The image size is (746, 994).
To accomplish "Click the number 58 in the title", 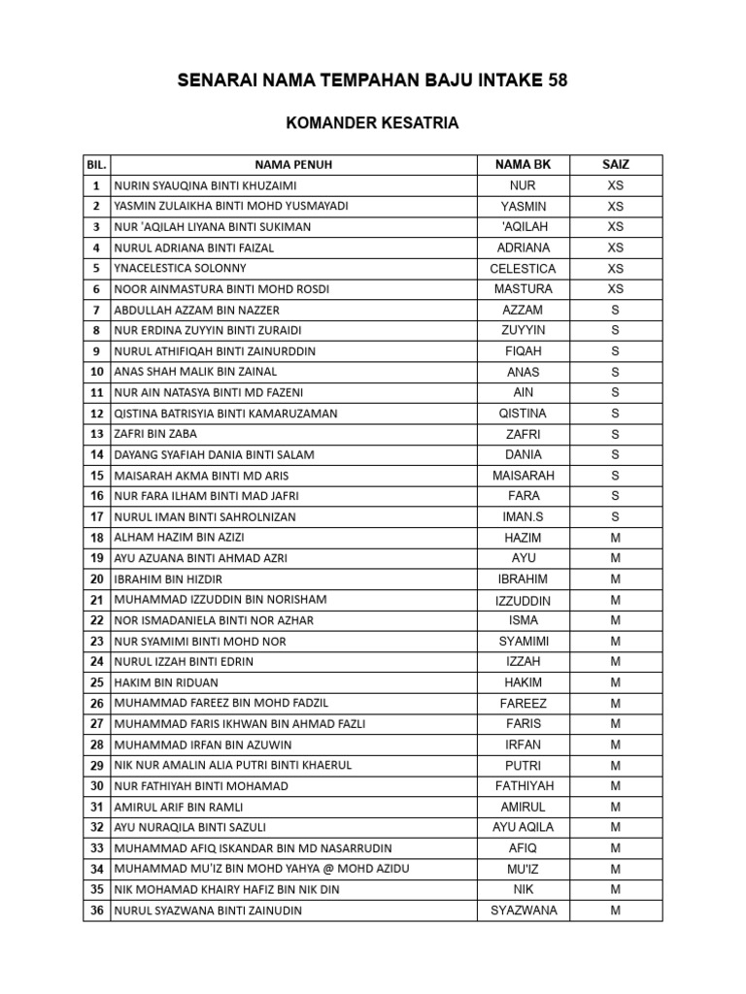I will [558, 82].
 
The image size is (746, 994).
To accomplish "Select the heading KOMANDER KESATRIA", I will [372, 123].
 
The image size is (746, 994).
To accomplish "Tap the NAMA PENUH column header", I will [293, 165].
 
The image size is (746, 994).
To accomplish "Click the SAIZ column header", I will [616, 165].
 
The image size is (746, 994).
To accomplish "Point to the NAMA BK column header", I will [523, 165].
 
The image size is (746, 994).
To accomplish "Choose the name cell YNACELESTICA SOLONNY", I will [181, 268].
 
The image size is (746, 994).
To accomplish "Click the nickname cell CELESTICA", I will [523, 268].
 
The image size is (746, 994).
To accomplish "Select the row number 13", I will [96, 434].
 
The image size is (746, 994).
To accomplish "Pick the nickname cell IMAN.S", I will [523, 516].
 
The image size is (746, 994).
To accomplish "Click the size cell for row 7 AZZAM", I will [616, 310].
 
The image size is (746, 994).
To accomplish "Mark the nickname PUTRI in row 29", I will [523, 765].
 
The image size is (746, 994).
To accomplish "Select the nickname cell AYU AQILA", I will [523, 827].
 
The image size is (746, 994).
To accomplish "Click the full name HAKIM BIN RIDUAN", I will [166, 682].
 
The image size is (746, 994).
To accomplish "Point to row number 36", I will [96, 911].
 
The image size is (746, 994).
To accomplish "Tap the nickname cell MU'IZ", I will [523, 869].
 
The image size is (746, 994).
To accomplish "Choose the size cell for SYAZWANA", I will [616, 911].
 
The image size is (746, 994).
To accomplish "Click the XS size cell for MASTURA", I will [616, 288].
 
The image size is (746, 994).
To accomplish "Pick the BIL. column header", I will [96, 165].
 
